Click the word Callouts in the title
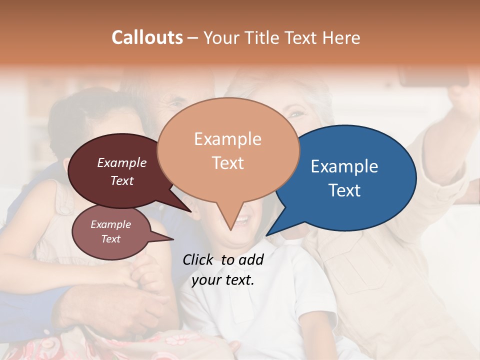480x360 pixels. coord(147,37)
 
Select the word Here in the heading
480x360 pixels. coord(341,37)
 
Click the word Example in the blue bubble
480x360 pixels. coord(344,166)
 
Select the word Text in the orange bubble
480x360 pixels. coord(227,163)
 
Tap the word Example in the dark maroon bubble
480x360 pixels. coord(122,162)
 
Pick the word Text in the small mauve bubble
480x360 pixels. coord(111,239)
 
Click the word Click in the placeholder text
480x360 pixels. coord(198,259)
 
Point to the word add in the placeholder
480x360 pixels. coord(251,259)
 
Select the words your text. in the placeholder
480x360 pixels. coord(223,280)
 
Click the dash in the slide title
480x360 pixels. coord(193,37)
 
